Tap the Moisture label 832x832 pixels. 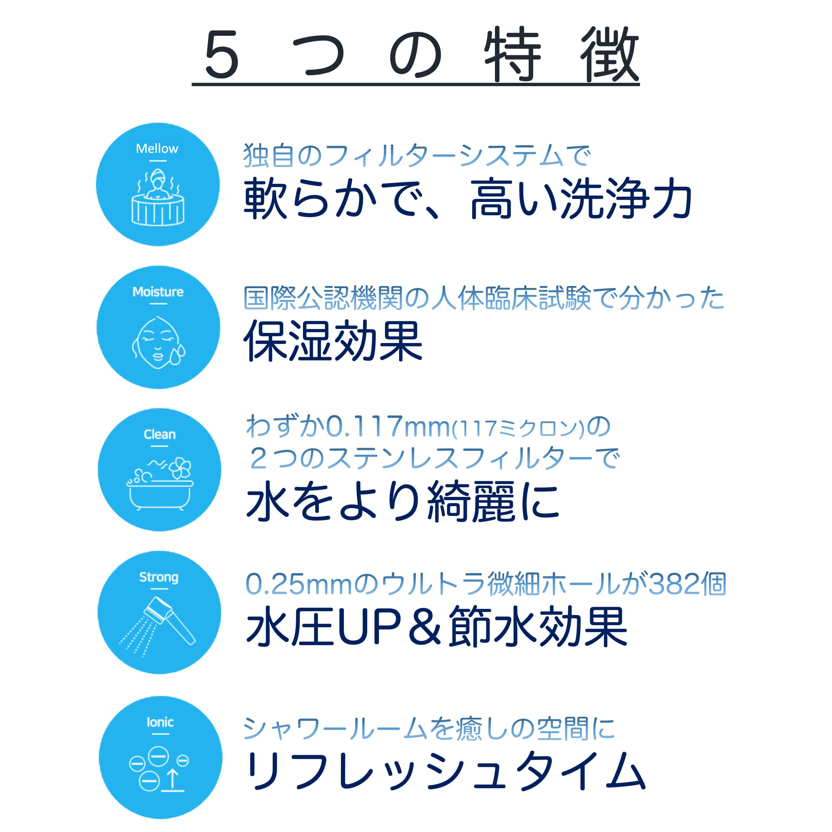tap(158, 292)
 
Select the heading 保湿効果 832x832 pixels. tap(333, 341)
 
